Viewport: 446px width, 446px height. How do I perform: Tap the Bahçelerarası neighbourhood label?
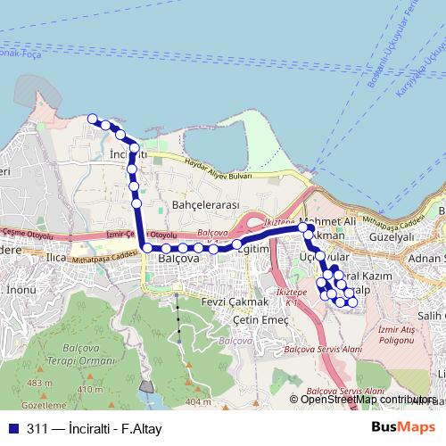click(206, 204)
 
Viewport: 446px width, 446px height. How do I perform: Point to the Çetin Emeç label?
click(260, 320)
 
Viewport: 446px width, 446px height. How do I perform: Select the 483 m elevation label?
click(38, 384)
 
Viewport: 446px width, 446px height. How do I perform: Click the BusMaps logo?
click(398, 427)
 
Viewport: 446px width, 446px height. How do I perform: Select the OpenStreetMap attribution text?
click(367, 400)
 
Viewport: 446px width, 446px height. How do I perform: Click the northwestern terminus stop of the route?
click(92, 118)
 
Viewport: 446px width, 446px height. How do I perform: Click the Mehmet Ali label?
click(329, 220)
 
